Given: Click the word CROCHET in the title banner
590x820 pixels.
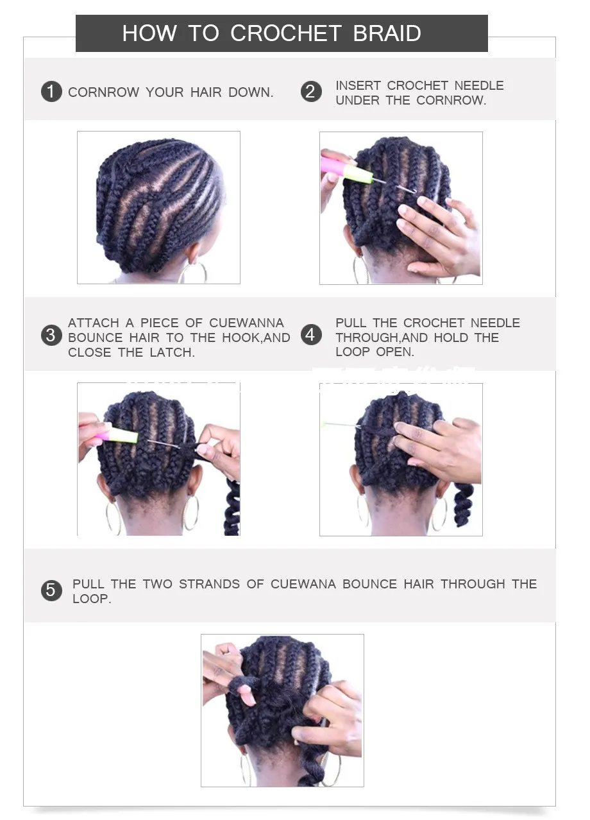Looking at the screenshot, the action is pos(286,33).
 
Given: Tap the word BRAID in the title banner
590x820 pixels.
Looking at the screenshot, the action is pos(387,33).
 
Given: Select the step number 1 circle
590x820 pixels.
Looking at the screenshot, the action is pos(51,92).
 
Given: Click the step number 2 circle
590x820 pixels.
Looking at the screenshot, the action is pos(311,92).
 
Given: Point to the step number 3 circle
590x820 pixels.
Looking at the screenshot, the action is pos(51,335).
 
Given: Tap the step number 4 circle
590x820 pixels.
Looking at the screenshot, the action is pos(311,335).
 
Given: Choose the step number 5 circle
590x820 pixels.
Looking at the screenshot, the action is pos(51,590).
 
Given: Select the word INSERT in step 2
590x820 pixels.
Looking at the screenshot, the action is pos(358,85).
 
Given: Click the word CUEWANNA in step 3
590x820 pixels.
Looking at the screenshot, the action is pos(246,323).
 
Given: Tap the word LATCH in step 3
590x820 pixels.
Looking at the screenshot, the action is pos(172,352).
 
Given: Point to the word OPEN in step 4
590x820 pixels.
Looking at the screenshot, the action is pos(395,352).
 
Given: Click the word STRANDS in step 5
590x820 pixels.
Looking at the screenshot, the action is pos(209,583).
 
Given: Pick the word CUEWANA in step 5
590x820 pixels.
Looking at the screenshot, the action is pos(303,583).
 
